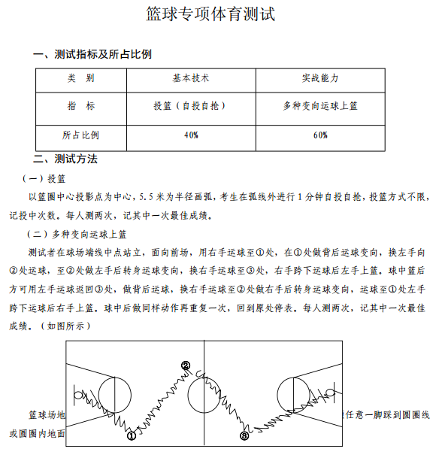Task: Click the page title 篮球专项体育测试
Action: tap(221, 14)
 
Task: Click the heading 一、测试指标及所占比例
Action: tap(92, 54)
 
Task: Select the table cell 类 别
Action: tap(80, 78)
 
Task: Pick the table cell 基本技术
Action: tap(191, 78)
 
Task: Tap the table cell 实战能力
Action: tap(320, 78)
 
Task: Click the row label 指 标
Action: tap(80, 106)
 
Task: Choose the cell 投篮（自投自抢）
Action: tap(191, 106)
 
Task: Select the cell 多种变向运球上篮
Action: tap(320, 106)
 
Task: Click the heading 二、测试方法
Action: tap(65, 159)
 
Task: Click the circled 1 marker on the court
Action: tap(131, 434)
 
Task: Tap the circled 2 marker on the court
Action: tap(186, 366)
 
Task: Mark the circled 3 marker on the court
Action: tap(244, 435)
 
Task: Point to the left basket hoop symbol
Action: tap(78, 393)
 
